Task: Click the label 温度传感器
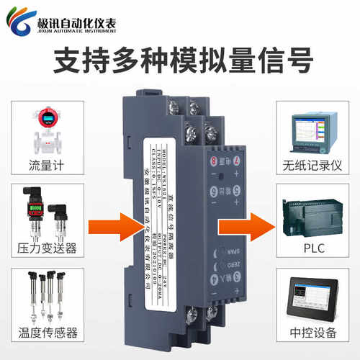48,333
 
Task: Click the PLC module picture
312,214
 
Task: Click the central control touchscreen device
312,297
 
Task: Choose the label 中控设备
312,333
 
